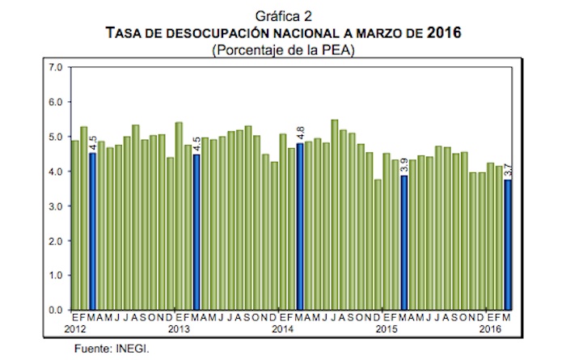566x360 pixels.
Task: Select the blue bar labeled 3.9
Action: click(404, 243)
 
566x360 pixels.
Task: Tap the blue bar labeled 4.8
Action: click(300, 227)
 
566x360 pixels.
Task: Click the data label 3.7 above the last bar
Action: click(507, 167)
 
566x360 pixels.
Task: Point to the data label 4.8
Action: click(300, 131)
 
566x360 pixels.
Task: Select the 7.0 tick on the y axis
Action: click(56, 67)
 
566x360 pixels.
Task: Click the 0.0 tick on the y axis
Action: click(56, 310)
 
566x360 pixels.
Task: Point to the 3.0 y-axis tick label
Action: click(56, 206)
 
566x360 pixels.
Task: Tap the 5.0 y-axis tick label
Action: click(56, 137)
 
